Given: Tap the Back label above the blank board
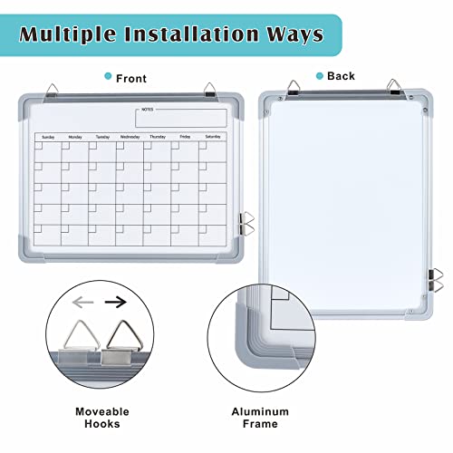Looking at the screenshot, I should click(x=341, y=76).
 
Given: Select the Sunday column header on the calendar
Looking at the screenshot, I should click(x=48, y=138).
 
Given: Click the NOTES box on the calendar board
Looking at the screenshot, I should click(x=181, y=118).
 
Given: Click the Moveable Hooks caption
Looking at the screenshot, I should click(x=101, y=417).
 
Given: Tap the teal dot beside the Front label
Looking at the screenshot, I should click(x=109, y=78).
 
